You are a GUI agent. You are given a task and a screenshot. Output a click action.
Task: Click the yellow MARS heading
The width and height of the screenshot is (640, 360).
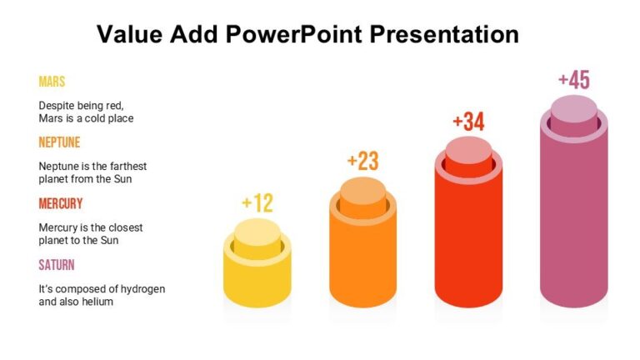click(52, 82)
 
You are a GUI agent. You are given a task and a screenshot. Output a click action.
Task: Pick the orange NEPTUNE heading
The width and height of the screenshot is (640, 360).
click(59, 142)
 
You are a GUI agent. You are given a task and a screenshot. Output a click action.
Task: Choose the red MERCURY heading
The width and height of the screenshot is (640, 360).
click(61, 203)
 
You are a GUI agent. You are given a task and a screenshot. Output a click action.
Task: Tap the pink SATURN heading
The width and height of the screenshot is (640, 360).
click(57, 265)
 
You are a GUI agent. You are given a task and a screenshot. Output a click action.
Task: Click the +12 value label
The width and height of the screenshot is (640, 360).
click(257, 203)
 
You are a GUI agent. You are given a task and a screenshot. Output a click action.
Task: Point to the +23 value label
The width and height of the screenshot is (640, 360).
click(362, 161)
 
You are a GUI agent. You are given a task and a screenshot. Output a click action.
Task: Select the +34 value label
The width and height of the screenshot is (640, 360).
click(468, 122)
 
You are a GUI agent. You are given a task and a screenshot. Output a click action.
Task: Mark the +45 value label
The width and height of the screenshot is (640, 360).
click(573, 80)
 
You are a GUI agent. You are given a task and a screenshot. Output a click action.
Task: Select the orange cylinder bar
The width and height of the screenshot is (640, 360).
click(362, 258)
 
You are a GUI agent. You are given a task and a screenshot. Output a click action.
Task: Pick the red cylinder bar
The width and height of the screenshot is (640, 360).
click(468, 237)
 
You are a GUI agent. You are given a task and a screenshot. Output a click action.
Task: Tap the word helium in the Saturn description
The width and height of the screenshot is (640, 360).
click(98, 302)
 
